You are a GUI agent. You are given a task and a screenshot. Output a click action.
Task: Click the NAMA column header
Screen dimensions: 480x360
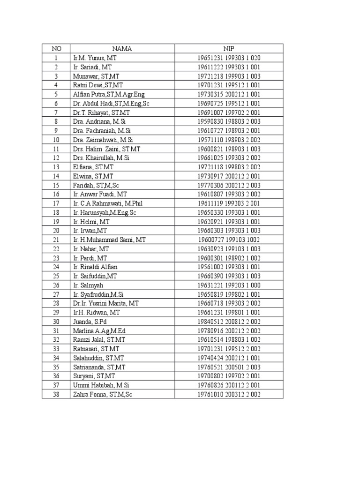(x=122, y=48)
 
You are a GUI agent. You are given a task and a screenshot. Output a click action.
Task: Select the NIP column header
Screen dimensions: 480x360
(x=229, y=48)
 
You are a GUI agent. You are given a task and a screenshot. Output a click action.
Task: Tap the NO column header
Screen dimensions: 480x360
(x=56, y=48)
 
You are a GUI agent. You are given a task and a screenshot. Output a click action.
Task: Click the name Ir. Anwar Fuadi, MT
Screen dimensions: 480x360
(x=100, y=194)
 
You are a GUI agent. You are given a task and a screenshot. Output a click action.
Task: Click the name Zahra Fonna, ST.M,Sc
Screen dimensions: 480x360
(x=103, y=394)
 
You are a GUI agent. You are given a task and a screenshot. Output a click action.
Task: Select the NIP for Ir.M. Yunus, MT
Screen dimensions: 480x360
(x=229, y=58)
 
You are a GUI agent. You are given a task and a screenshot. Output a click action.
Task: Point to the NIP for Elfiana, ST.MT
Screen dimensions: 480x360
(x=229, y=167)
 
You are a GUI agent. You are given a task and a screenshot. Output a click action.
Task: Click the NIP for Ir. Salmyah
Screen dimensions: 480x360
(x=229, y=285)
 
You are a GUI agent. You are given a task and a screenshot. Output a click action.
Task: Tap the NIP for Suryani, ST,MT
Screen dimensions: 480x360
(x=229, y=376)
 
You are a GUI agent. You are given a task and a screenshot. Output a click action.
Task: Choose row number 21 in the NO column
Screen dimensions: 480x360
(x=56, y=240)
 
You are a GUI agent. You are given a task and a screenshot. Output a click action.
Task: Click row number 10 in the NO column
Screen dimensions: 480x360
(x=56, y=140)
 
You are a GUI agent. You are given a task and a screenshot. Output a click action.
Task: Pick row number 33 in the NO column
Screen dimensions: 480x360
(x=56, y=349)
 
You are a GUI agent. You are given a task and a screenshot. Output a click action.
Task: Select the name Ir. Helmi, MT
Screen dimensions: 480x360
(x=91, y=221)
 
